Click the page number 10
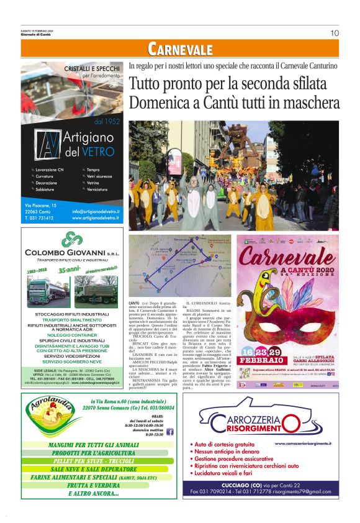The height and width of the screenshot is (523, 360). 335,33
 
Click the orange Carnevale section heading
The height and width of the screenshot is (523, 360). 180,49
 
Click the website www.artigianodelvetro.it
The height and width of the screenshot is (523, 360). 96,218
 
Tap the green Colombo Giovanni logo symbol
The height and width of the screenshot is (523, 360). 73,239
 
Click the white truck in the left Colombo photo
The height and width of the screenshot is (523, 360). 44,289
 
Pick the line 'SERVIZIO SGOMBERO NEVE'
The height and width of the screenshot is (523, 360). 73,361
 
